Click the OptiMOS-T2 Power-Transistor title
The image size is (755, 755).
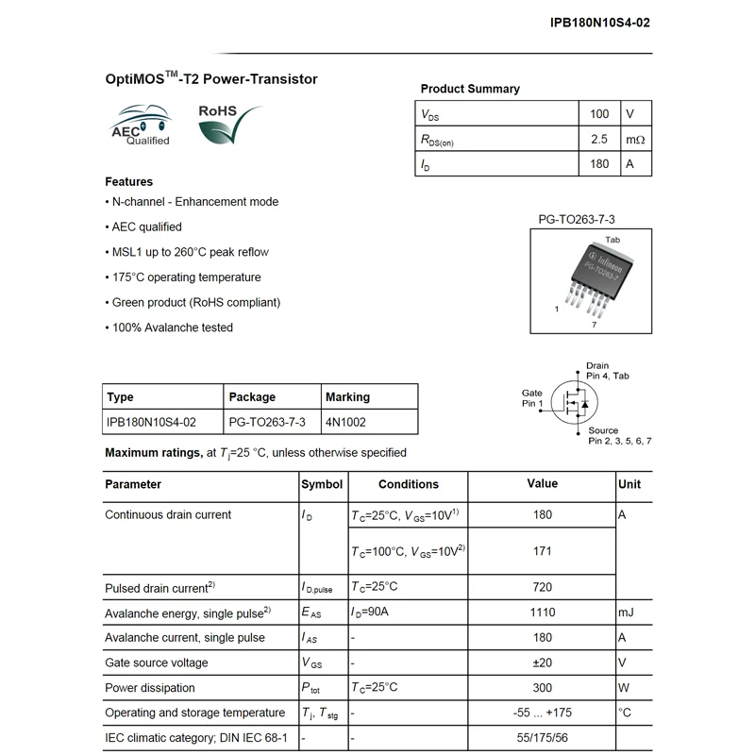[x=210, y=79]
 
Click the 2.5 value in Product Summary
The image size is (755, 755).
[x=598, y=139]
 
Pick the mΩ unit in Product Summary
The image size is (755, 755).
[x=635, y=139]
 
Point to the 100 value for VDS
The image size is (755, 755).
[x=598, y=114]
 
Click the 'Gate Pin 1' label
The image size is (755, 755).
[x=532, y=398]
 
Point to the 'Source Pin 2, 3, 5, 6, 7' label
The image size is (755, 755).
[x=619, y=435]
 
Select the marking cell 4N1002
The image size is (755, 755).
[x=345, y=421]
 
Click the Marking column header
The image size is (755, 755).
[x=347, y=396]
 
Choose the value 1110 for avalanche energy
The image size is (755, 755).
[x=542, y=612]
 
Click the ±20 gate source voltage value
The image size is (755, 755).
[x=542, y=663]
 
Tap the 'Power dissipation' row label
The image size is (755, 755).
[x=150, y=688]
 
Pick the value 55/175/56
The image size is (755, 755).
[x=542, y=737]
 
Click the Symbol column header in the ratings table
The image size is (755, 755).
[x=322, y=484]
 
